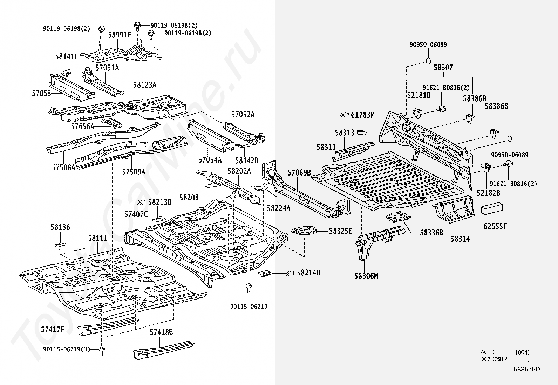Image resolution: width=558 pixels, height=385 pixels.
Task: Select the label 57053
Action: pyautogui.click(x=41, y=93)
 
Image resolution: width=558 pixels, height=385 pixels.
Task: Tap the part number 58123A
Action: pyautogui.click(x=144, y=85)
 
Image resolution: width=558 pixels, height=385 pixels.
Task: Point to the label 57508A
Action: pyautogui.click(x=63, y=167)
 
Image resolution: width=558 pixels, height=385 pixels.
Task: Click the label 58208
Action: pyautogui.click(x=189, y=198)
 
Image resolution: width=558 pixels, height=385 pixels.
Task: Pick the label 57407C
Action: pyautogui.click(x=136, y=214)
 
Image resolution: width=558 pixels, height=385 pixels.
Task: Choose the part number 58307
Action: pyautogui.click(x=443, y=68)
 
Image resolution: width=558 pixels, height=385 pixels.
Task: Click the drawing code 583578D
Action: pyautogui.click(x=527, y=369)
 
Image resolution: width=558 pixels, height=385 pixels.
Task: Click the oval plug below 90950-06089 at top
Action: pyautogui.click(x=428, y=61)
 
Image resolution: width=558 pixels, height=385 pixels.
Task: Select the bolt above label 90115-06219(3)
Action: pyautogui.click(x=102, y=351)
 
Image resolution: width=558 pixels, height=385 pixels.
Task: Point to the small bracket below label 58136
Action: pyautogui.click(x=60, y=243)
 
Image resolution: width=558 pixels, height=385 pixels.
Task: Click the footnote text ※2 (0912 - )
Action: pyautogui.click(x=505, y=359)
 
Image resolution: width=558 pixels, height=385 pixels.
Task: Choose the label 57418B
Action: pyautogui.click(x=161, y=332)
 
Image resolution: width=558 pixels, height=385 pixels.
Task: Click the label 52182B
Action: pyautogui.click(x=488, y=193)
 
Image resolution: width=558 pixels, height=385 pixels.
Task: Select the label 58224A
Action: pyautogui.click(x=279, y=208)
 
